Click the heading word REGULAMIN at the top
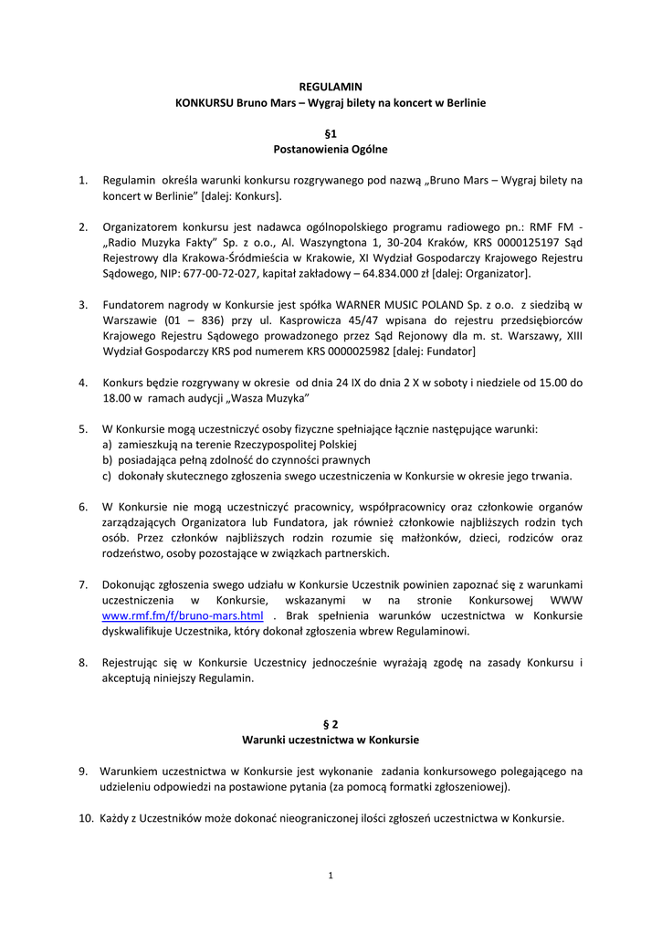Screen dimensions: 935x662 tap(331, 87)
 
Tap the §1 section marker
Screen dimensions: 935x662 tap(331, 132)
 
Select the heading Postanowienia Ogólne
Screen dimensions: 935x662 tap(331, 149)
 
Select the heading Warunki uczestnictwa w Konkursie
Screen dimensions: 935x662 tap(331, 740)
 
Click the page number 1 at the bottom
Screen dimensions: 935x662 tap(331, 877)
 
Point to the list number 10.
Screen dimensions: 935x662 tap(84, 818)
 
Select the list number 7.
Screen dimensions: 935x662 tap(83, 584)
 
